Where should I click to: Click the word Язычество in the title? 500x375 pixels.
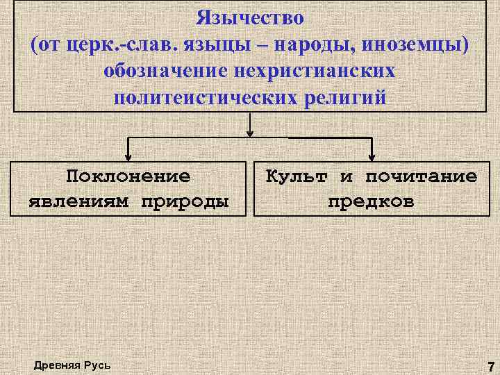pos(250,16)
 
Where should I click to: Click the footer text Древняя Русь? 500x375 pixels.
pos(71,365)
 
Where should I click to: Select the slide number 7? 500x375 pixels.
pos(491,365)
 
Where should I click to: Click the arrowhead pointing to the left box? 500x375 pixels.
pos(127,156)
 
